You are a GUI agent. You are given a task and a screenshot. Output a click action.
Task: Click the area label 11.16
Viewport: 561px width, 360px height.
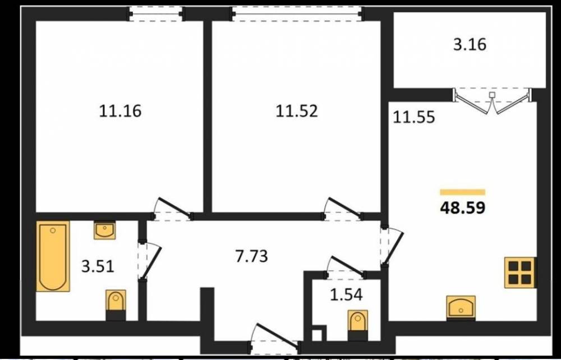tap(120, 111)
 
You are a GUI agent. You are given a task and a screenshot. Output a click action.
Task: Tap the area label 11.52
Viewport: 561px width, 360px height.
tap(296, 111)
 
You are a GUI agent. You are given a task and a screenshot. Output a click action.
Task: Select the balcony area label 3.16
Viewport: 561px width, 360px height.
tap(470, 45)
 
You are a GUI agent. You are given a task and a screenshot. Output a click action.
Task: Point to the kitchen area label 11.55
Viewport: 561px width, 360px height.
tap(414, 117)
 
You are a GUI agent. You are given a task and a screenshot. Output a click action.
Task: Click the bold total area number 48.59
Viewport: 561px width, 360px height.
tap(463, 207)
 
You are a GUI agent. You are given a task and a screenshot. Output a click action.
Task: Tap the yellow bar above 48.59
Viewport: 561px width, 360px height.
tap(463, 192)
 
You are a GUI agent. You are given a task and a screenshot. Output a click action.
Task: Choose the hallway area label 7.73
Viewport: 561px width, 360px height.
tap(251, 256)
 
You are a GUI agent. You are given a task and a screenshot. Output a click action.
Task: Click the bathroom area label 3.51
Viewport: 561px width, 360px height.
tap(98, 266)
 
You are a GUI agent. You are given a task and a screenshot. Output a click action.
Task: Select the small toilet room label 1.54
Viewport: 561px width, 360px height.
tap(346, 295)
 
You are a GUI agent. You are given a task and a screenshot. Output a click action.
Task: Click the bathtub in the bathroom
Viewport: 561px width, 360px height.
tap(53, 256)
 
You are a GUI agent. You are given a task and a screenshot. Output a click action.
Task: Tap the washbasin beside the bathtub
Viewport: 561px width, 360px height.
tap(105, 230)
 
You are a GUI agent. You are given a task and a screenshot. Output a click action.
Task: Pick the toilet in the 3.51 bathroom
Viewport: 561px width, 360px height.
tap(116, 305)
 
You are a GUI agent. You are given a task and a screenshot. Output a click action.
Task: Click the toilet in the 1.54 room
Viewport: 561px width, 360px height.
tap(358, 325)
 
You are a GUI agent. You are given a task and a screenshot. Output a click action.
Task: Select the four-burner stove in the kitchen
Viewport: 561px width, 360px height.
tap(521, 273)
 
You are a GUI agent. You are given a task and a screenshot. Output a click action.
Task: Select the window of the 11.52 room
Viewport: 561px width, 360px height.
tap(297, 14)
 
